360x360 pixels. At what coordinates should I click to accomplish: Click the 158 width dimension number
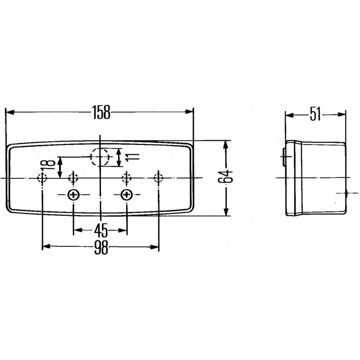point(101,113)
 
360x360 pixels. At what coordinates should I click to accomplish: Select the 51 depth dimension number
point(315,115)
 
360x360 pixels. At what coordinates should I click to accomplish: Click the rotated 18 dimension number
point(50,166)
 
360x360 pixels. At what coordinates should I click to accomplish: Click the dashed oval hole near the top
point(100,157)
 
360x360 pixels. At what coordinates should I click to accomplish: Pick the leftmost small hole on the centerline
point(42,178)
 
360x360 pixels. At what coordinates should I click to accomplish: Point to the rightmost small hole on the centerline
point(158,178)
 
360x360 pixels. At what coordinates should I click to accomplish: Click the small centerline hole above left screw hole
point(74,178)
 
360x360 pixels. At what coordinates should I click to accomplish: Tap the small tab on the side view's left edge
point(284,157)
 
